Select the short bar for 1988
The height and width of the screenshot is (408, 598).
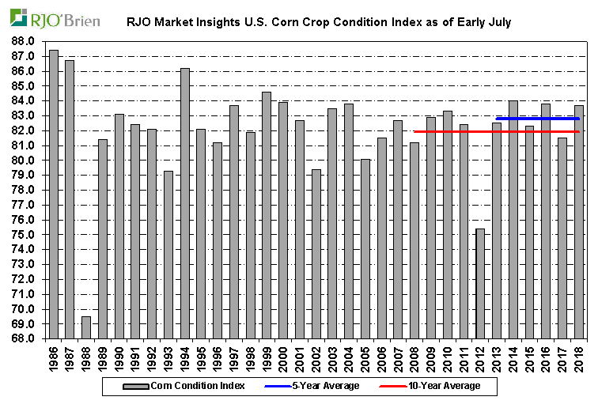coord(86,327)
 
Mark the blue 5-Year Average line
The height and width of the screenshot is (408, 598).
coord(538,119)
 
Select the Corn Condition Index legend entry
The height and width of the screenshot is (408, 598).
coord(182,386)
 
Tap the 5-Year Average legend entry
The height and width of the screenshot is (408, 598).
coord(316,386)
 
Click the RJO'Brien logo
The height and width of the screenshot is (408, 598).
coord(56,18)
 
